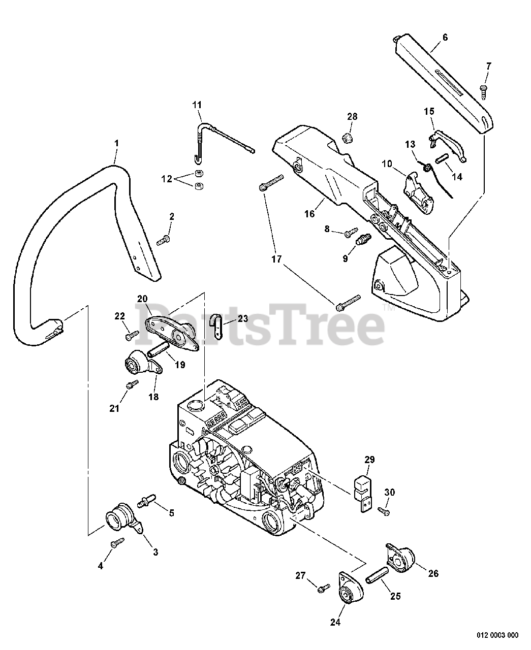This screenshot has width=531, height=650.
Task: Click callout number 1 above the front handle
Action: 116,144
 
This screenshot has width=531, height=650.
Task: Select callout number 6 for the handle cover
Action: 445,37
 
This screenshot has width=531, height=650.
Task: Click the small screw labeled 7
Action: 483,91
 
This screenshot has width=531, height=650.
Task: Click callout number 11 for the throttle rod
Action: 197,105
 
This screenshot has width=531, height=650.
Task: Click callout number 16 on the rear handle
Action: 309,214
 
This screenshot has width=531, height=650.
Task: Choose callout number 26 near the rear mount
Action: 433,573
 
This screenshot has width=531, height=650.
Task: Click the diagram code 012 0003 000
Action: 497,635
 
